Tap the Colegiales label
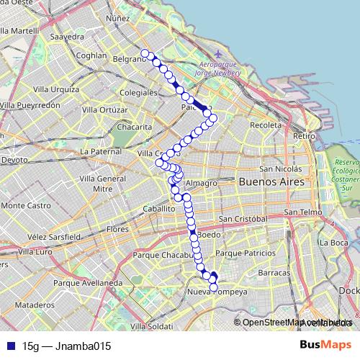tap(138, 93)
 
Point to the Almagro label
tap(204, 183)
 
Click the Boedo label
tap(207, 235)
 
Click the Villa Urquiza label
tap(50, 89)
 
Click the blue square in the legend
tap(9, 346)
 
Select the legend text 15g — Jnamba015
tap(66, 346)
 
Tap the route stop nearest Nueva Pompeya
tap(213, 287)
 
